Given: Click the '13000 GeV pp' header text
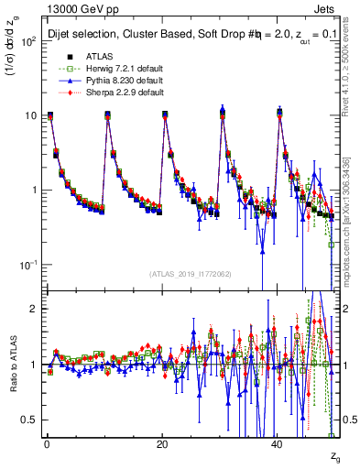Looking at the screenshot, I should [80, 10].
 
